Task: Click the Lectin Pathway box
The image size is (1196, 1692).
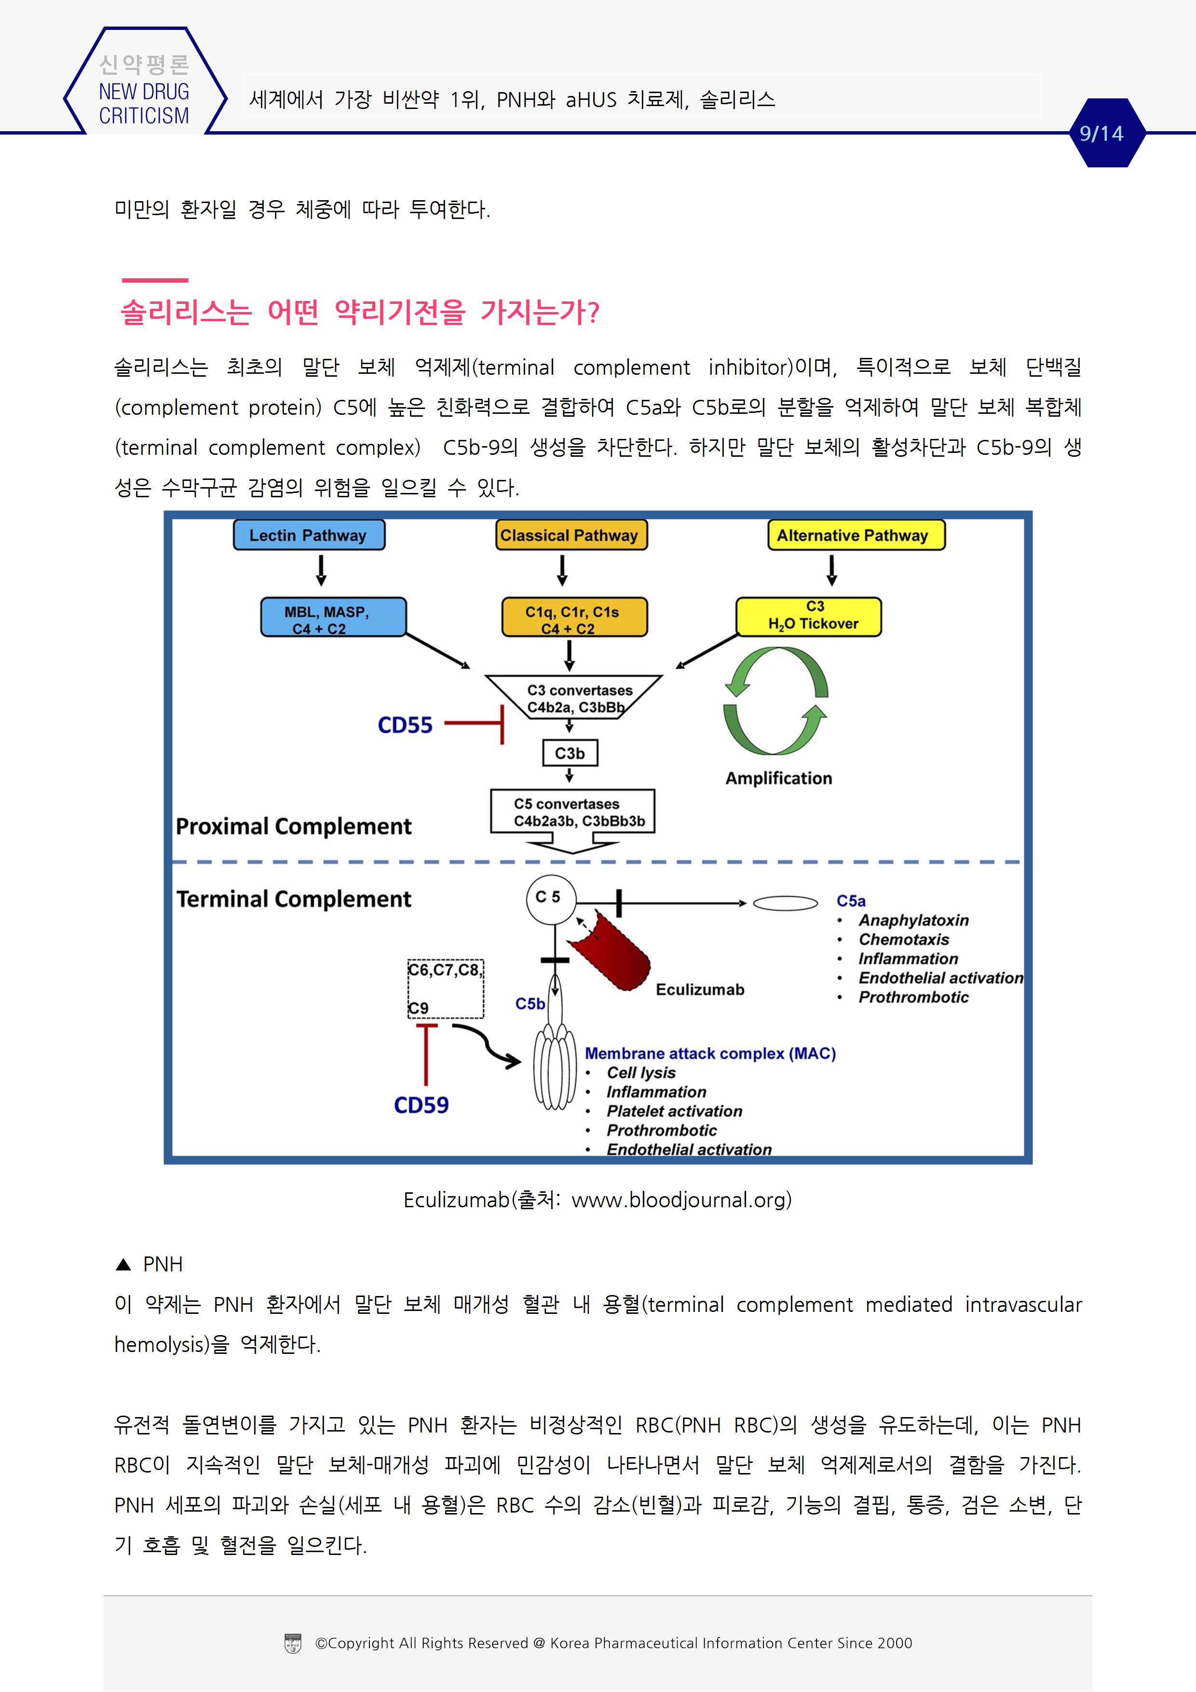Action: tap(309, 535)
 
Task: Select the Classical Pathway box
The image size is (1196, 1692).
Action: tap(571, 535)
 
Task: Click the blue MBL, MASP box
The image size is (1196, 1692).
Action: tap(333, 617)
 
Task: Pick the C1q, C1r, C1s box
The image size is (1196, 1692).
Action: tap(574, 617)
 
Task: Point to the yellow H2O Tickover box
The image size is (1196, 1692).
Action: tap(808, 617)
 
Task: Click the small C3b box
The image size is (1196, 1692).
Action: tap(570, 753)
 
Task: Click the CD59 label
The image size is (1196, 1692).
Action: tap(421, 1105)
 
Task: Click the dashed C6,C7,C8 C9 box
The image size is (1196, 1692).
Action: tap(445, 988)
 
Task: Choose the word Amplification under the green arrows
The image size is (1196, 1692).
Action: tap(778, 779)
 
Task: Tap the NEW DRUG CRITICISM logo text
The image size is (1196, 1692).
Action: tap(144, 103)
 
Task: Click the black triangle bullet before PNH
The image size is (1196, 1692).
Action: tap(123, 1265)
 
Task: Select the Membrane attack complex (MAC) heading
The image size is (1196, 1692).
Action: tap(709, 1054)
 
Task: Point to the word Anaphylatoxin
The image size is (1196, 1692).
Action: tap(913, 920)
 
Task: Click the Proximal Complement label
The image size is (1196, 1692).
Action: tap(293, 827)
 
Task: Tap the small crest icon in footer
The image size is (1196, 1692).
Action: tap(293, 1643)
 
